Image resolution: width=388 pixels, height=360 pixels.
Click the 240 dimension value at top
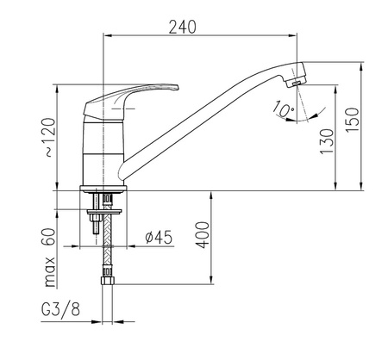coord(182,27)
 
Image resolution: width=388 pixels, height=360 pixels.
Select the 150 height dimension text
coord(353,120)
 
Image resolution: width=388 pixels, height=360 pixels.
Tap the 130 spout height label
coord(327,141)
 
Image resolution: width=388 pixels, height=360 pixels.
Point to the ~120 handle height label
coord(50,137)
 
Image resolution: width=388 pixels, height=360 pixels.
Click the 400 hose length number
coord(203,235)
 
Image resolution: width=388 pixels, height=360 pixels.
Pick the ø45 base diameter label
coord(159,237)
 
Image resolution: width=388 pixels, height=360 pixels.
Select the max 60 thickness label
coord(50,258)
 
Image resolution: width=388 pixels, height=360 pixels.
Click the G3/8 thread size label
coord(60,309)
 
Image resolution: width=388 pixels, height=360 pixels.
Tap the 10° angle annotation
coord(284,109)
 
